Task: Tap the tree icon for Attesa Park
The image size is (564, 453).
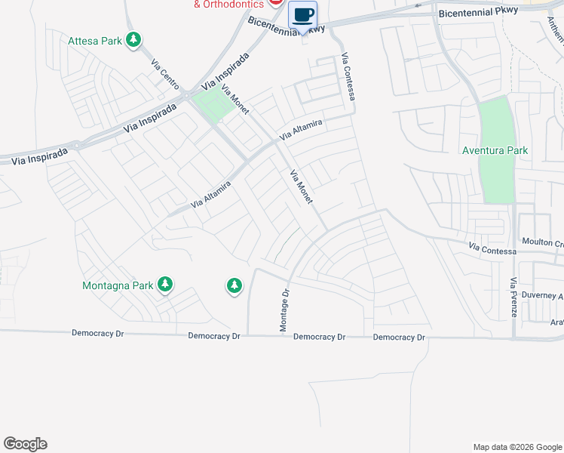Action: pyautogui.click(x=133, y=39)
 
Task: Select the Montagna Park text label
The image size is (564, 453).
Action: pyautogui.click(x=117, y=285)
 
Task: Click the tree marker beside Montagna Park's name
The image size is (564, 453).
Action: pyautogui.click(x=165, y=285)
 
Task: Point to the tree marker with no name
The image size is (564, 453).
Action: pyautogui.click(x=234, y=285)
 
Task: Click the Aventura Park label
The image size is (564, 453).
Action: pyautogui.click(x=495, y=150)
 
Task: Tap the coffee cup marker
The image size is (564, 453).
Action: pyautogui.click(x=302, y=16)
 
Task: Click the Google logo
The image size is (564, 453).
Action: pyautogui.click(x=25, y=444)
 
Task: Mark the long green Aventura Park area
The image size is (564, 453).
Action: pyautogui.click(x=495, y=174)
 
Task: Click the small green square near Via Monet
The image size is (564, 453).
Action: pyautogui.click(x=213, y=105)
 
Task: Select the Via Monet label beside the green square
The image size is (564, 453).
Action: pyautogui.click(x=234, y=100)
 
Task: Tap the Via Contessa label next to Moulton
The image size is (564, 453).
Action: pyautogui.click(x=492, y=249)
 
